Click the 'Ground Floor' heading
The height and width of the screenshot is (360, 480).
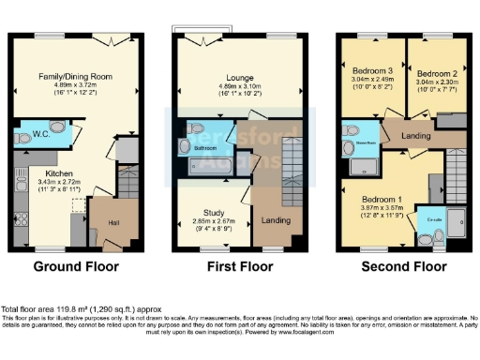78,266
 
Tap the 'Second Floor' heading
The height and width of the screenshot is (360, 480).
402,266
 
